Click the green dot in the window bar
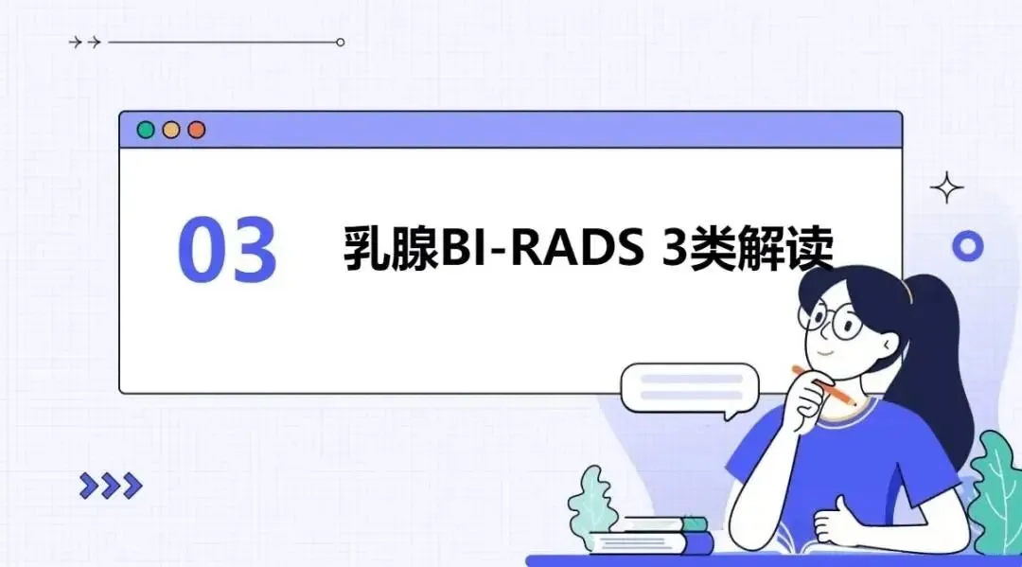tap(146, 130)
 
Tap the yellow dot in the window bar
tap(170, 130)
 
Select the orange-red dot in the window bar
tap(196, 130)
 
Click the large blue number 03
tap(227, 250)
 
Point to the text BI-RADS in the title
tap(542, 248)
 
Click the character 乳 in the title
tap(367, 248)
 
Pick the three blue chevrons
tap(111, 486)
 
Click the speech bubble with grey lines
tap(690, 390)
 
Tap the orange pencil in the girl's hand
tap(824, 386)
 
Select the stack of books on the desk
tap(652, 535)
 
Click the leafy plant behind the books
tap(591, 501)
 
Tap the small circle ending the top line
tap(341, 43)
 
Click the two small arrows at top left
tap(85, 43)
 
